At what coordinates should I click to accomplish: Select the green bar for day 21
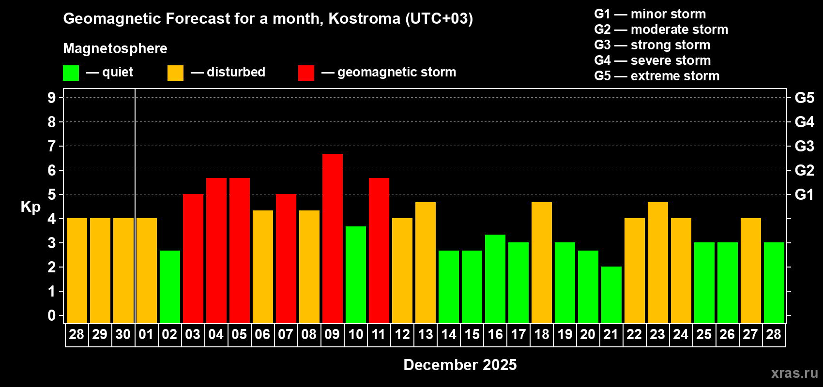point(611,295)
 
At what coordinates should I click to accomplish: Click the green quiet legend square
point(71,73)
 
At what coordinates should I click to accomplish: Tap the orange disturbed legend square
point(175,73)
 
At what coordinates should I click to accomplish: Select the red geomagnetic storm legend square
point(306,73)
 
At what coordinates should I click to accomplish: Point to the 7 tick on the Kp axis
point(52,146)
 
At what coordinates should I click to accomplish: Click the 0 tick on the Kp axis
point(52,315)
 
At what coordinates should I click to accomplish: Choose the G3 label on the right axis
point(804,146)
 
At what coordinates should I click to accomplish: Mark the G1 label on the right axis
point(804,194)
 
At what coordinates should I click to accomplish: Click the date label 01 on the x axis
point(146,334)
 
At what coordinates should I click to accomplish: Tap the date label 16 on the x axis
point(495,334)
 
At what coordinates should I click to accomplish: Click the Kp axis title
point(30,207)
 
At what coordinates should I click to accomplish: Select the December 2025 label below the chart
point(460,365)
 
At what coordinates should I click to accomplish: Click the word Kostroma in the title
point(364,18)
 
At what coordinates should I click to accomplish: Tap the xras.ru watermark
point(794,373)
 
